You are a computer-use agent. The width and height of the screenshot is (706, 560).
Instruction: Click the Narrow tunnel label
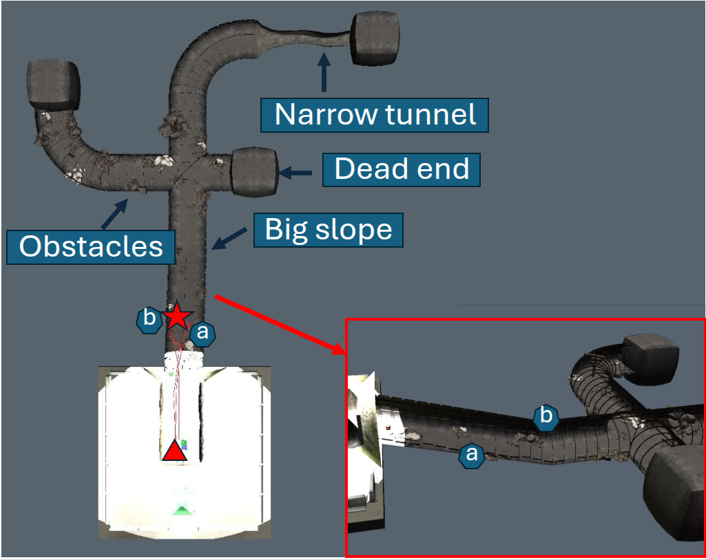pyautogui.click(x=375, y=115)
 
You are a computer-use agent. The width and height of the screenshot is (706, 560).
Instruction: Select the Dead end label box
pyautogui.click(x=401, y=169)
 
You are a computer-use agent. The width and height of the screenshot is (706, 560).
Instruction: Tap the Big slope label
pyautogui.click(x=328, y=230)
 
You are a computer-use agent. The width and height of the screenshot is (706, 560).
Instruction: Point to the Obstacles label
pyautogui.click(x=91, y=246)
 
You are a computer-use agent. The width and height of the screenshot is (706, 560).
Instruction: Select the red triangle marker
pyautogui.click(x=174, y=450)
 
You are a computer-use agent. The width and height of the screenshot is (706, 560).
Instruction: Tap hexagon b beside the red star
pyautogui.click(x=148, y=320)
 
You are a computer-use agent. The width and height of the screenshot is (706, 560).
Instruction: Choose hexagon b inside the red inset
pyautogui.click(x=546, y=416)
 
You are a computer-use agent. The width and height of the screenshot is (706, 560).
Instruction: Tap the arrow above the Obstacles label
pyautogui.click(x=115, y=213)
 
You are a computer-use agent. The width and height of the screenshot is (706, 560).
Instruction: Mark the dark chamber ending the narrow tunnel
pyautogui.click(x=376, y=39)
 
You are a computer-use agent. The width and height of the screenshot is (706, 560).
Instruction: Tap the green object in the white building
pyautogui.click(x=183, y=508)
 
